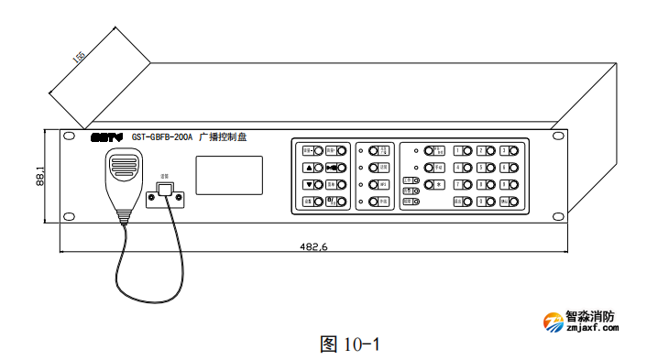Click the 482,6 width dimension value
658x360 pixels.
(x=313, y=246)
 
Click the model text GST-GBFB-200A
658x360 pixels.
(x=162, y=137)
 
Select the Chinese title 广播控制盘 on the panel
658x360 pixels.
(x=224, y=137)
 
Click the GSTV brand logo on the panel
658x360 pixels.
(x=106, y=137)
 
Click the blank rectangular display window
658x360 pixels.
(x=228, y=175)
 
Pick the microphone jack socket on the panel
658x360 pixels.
(x=165, y=191)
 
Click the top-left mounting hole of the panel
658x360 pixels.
(x=68, y=136)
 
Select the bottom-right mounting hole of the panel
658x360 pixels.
(x=556, y=216)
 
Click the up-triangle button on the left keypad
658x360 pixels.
(x=309, y=168)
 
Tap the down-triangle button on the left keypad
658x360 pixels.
(x=309, y=184)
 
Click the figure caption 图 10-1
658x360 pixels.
(x=349, y=344)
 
